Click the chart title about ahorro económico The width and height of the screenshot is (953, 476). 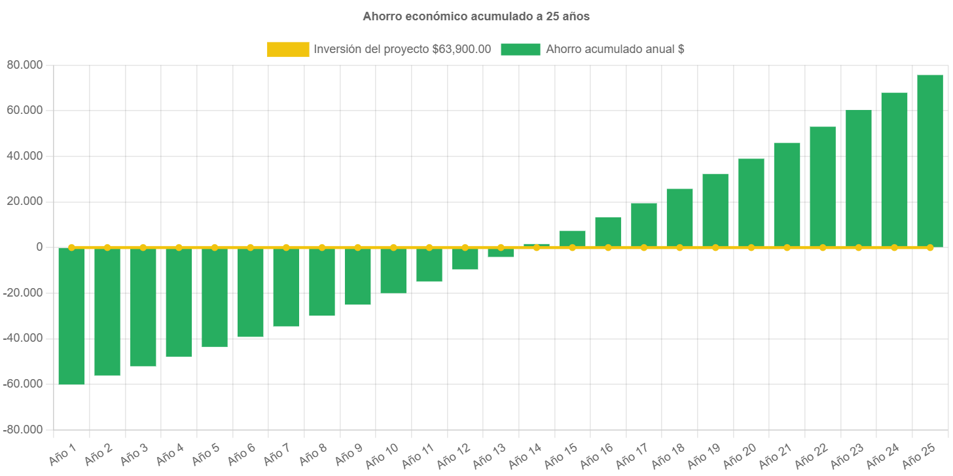(476, 16)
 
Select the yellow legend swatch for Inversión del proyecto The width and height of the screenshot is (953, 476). (288, 49)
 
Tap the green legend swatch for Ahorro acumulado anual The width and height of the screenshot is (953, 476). (520, 49)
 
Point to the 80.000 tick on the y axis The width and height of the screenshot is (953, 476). (24, 65)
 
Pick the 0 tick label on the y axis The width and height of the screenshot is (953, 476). (39, 247)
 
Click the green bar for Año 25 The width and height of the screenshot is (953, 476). (929, 161)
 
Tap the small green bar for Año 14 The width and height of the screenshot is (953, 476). (536, 245)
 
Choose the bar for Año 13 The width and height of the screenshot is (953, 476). (501, 253)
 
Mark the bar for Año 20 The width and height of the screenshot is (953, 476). (751, 203)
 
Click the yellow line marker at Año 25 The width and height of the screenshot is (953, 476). (929, 247)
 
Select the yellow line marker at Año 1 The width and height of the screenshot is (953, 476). (71, 247)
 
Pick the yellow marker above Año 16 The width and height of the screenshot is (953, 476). (608, 247)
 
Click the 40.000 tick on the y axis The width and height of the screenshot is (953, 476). (24, 156)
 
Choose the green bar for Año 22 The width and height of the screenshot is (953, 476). (822, 187)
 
